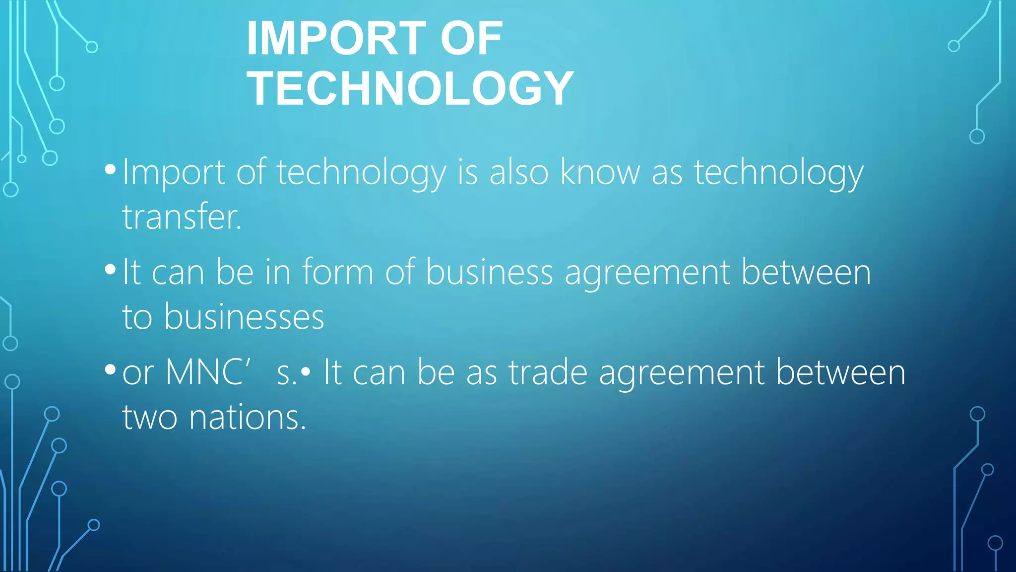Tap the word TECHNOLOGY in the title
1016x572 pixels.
[x=410, y=88]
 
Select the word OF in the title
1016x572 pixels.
[x=471, y=38]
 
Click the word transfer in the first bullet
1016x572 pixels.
[x=182, y=217]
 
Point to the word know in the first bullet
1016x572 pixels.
[x=600, y=172]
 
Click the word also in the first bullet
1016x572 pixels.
[x=519, y=172]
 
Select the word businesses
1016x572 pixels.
[x=244, y=317]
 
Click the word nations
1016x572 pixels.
[x=248, y=417]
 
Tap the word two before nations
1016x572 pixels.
[x=150, y=417]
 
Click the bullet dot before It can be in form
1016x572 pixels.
[x=110, y=270]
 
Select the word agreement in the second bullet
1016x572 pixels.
[x=647, y=273]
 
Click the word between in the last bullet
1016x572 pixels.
[x=840, y=372]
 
